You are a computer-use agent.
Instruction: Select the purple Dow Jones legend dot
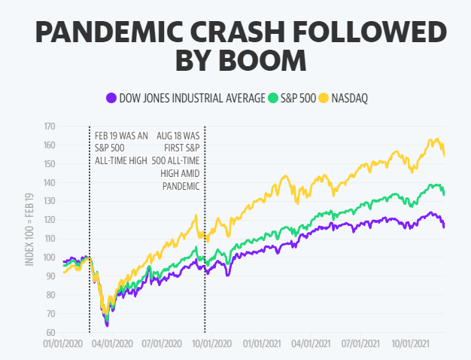(111, 98)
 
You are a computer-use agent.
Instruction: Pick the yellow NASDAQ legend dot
(325, 98)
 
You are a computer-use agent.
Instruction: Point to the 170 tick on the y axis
(49, 126)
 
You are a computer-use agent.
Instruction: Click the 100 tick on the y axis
(49, 257)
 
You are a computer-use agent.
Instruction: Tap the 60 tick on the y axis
(50, 332)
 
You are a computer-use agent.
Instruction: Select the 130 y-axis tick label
(49, 200)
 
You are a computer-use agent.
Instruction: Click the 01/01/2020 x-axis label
(62, 343)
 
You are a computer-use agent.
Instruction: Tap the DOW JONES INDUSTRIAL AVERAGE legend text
(192, 98)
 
